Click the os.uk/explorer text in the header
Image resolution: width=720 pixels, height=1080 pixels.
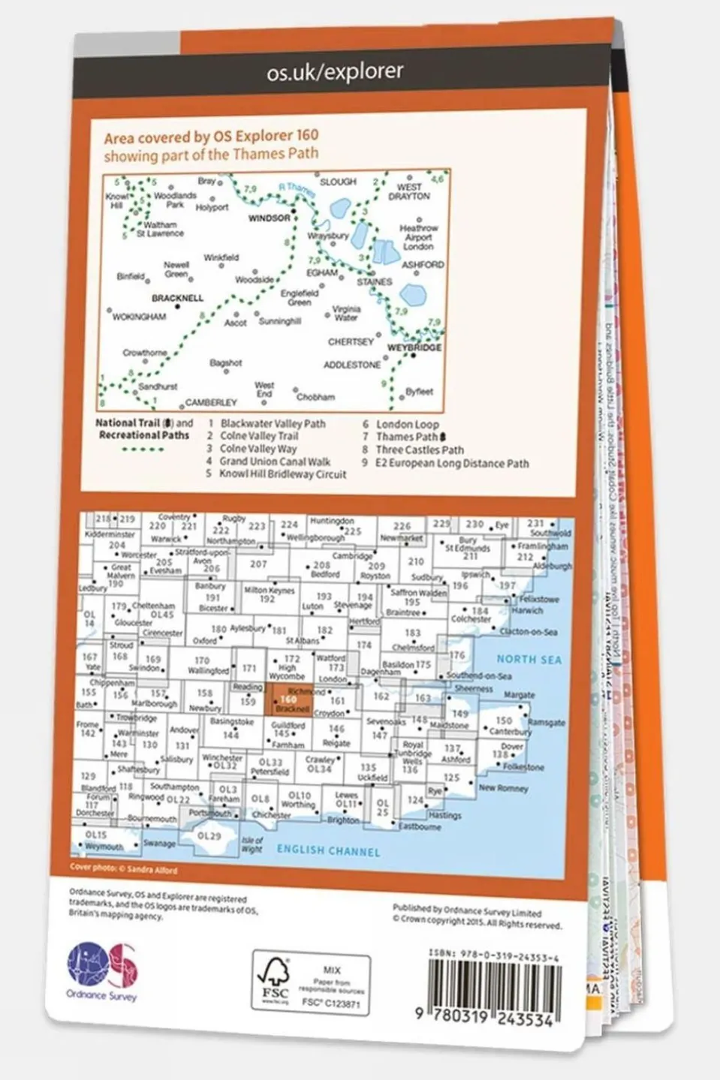coord(335,72)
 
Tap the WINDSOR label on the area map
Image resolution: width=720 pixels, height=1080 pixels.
coord(269,218)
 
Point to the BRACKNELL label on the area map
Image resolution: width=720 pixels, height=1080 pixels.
coord(177,298)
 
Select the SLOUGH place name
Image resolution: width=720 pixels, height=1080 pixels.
coord(338,182)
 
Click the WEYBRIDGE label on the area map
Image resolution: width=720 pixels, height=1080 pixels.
coord(414,348)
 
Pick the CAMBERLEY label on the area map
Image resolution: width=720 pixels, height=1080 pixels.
coord(211,402)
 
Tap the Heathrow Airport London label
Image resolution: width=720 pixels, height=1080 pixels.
coord(418,236)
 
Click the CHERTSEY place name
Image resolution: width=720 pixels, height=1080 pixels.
coord(351,341)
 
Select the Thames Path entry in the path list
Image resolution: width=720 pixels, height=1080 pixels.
coord(407,437)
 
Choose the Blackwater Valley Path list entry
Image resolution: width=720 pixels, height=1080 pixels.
coord(273,423)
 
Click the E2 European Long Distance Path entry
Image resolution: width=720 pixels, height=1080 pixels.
coord(452,463)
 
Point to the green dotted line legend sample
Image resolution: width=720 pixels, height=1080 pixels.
coord(143,450)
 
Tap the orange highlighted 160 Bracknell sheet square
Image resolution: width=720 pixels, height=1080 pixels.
coord(289,702)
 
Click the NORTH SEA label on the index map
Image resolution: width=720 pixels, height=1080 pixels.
coord(529,659)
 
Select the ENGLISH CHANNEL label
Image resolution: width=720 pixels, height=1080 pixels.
coord(328,850)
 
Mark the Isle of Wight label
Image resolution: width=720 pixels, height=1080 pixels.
coord(252,844)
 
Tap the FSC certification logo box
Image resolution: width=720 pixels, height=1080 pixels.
coord(311,983)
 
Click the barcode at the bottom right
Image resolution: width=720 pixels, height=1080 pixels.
coord(494,987)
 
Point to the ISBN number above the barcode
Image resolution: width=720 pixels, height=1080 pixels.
coord(493,953)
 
